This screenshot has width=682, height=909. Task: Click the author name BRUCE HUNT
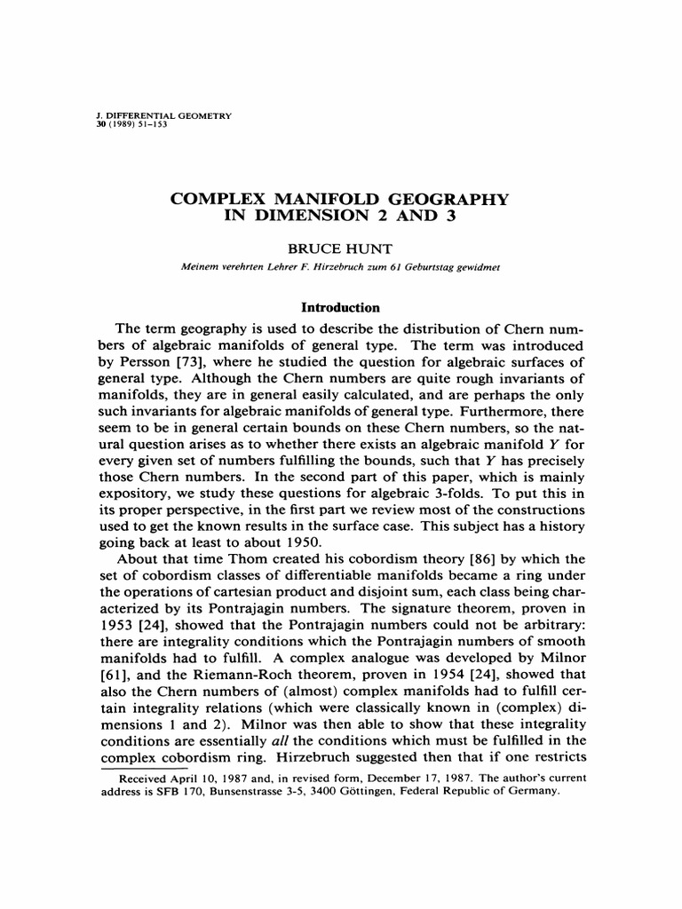(340, 251)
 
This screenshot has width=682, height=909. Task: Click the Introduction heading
(340, 307)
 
